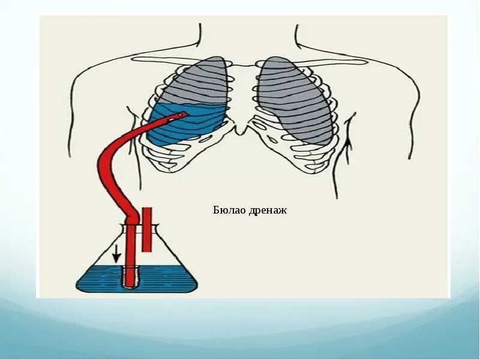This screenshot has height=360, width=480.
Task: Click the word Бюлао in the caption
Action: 228,210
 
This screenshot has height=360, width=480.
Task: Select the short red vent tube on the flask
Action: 146,229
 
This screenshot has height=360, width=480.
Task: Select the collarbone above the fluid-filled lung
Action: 174,60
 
